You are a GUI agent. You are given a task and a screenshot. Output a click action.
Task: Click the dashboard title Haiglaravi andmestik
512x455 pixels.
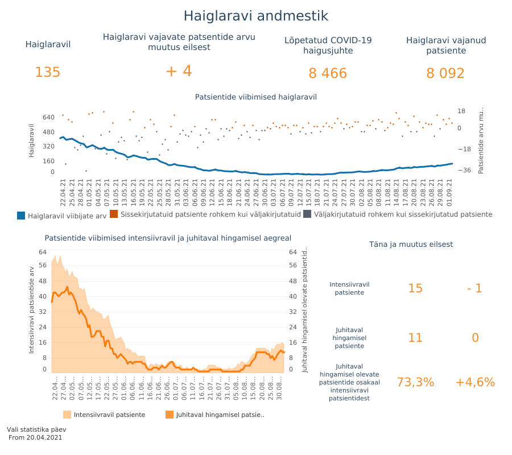255,16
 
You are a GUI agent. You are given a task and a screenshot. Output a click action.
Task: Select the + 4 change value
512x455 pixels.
179,71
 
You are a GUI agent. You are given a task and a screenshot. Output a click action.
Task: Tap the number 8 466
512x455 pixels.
328,73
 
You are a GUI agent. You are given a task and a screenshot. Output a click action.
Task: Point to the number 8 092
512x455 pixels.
445,73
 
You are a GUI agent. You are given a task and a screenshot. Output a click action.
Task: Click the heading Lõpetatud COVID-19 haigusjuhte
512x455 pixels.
328,45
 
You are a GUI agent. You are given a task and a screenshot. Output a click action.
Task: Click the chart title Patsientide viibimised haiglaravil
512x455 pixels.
255,97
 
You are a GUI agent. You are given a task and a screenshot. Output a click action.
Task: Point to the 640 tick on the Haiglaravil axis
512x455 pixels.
48,118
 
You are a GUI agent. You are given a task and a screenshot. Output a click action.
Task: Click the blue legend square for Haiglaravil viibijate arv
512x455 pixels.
21,215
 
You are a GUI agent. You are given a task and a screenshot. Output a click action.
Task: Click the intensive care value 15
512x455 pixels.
415,288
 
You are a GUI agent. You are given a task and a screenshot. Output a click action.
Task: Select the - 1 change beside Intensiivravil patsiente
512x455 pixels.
474,288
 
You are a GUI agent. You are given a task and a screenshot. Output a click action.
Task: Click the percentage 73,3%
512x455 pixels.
415,382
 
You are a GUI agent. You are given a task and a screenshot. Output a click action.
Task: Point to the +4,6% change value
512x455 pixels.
475,382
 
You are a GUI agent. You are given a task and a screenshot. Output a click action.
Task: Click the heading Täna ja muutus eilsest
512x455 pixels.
411,244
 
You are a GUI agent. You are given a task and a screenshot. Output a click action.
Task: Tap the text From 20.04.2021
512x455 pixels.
35,437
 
